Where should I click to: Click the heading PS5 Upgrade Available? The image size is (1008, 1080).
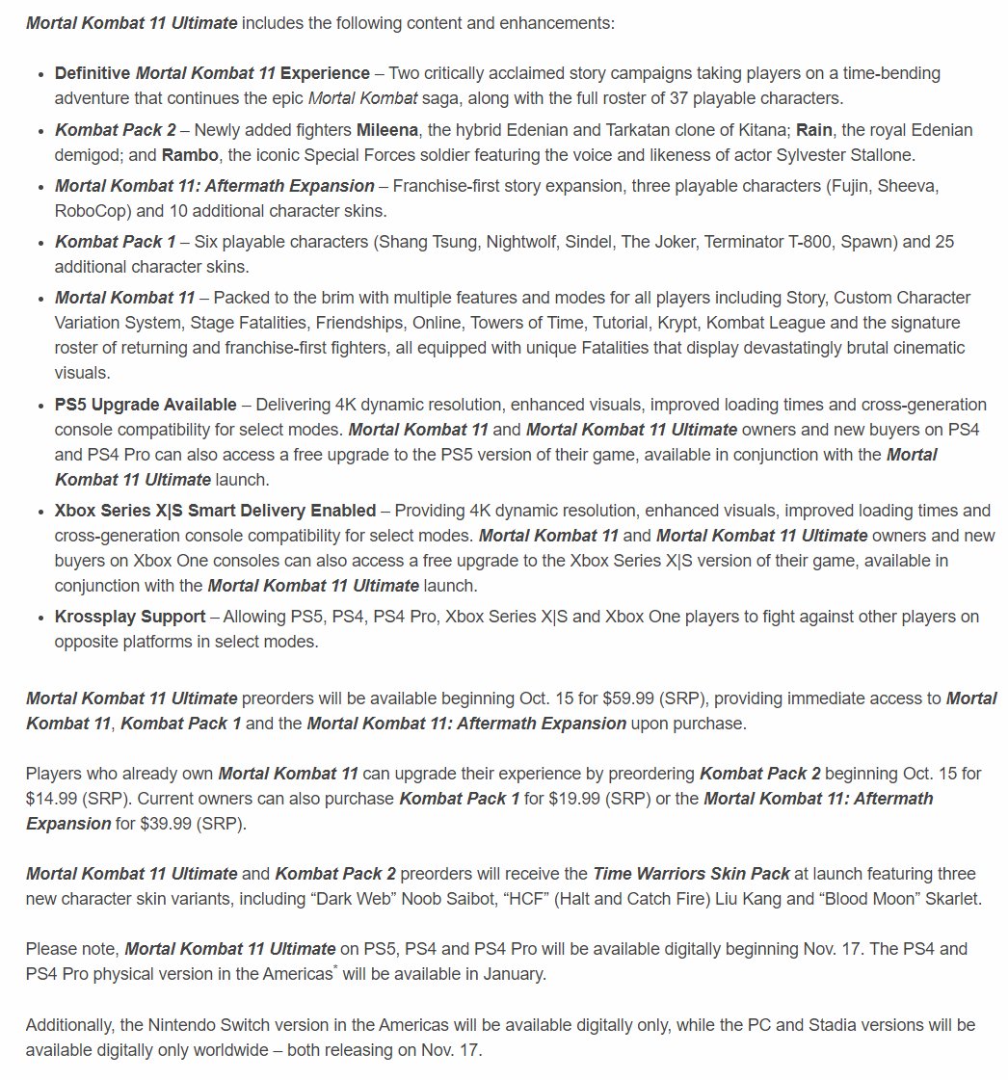pos(146,404)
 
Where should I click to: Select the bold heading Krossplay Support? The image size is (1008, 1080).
pos(130,616)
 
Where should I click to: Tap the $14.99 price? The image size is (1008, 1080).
pos(57,798)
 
